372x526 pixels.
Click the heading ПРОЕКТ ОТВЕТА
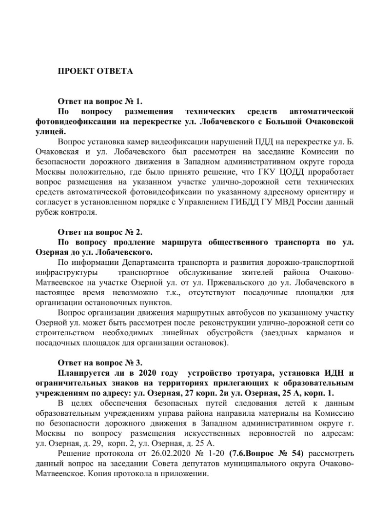pyautogui.click(x=95, y=71)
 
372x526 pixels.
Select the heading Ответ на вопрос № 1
pyautogui.click(x=100, y=102)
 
